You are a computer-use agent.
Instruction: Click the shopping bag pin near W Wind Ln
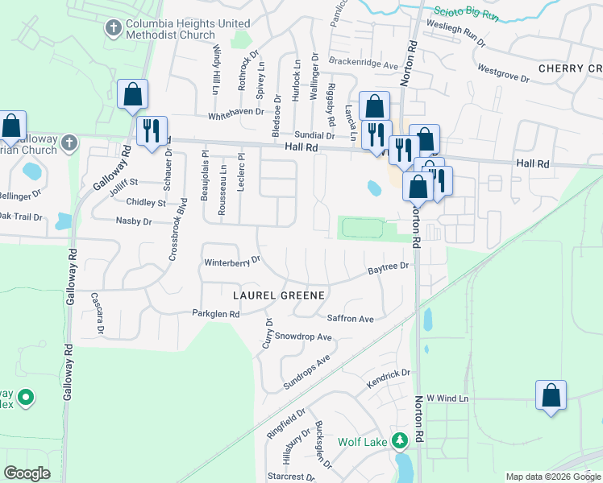pos(551,395)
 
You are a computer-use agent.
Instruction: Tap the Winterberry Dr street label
pos(233,262)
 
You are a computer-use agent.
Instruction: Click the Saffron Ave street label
pos(350,319)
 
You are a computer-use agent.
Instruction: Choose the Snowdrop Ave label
pos(303,336)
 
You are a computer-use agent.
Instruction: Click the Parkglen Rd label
pos(215,314)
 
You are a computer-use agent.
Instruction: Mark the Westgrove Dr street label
pos(503,75)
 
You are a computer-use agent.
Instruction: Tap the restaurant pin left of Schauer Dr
pos(151,131)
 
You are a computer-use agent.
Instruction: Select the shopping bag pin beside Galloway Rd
pos(132,94)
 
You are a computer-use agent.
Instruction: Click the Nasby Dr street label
pos(133,220)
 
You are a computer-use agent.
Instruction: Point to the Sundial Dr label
pos(314,135)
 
